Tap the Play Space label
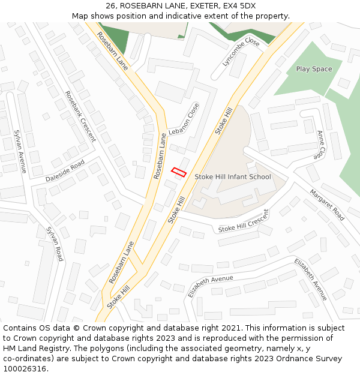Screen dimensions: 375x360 [314, 69]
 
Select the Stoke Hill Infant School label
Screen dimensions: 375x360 [232, 177]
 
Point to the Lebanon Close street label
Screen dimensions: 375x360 [184, 119]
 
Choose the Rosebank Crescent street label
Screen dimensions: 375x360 [80, 116]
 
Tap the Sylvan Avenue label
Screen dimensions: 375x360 [20, 151]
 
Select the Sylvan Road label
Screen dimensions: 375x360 [55, 244]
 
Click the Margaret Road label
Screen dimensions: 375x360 [327, 205]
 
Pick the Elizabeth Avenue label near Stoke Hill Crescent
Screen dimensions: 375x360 [210, 287]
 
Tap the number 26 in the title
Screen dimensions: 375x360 [111, 6]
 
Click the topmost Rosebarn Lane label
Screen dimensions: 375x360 [112, 51]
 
